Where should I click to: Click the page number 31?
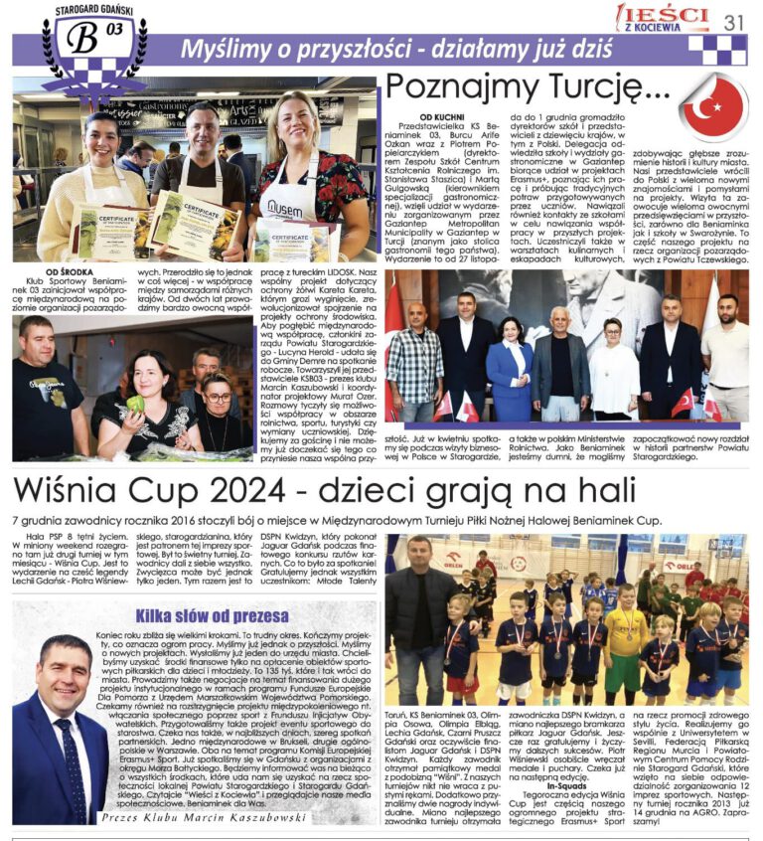click(x=735, y=21)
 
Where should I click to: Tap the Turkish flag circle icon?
click(x=713, y=107)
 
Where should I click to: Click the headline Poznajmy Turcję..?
click(x=526, y=88)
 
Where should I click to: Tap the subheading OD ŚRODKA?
click(x=45, y=271)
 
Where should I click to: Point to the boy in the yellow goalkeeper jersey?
click(x=626, y=640)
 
